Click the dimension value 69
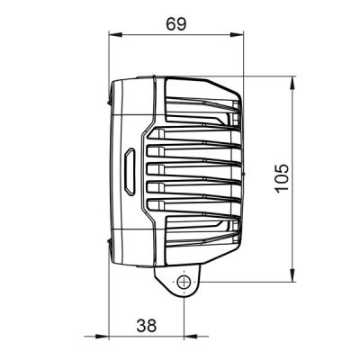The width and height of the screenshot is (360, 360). pos(175,24)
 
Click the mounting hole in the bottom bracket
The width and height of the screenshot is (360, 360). pos(184,283)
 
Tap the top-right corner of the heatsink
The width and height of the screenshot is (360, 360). pos(239,95)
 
